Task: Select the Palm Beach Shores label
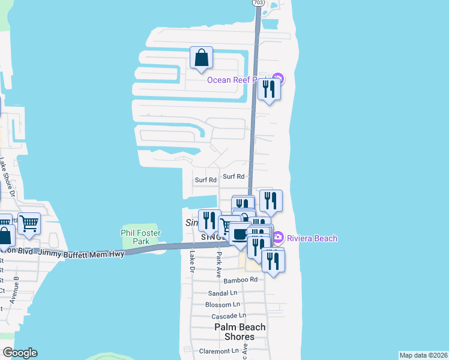pyautogui.click(x=240, y=332)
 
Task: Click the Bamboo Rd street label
pyautogui.click(x=240, y=280)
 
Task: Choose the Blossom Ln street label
pyautogui.click(x=222, y=305)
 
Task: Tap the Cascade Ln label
pyautogui.click(x=226, y=316)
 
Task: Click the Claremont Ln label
pyautogui.click(x=219, y=351)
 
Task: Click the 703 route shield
pyautogui.click(x=258, y=3)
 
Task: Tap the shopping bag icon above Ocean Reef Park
pyautogui.click(x=201, y=58)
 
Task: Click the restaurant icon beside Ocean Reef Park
pyautogui.click(x=268, y=89)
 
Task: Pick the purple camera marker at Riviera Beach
pyautogui.click(x=277, y=238)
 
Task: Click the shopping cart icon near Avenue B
pyautogui.click(x=29, y=224)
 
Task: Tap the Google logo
pyautogui.click(x=20, y=353)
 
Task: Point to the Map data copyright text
pyautogui.click(x=423, y=355)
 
